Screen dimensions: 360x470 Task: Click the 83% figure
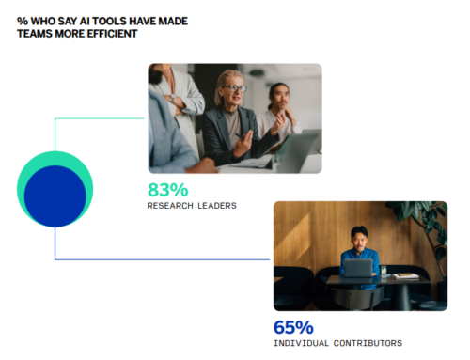[167, 189]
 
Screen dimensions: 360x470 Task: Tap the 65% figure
[292, 327]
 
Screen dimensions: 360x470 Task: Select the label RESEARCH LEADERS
[192, 205]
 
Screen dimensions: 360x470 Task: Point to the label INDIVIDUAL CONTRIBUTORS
[337, 343]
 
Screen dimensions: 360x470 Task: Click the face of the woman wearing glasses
[232, 91]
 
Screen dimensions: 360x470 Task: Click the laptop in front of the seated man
[357, 268]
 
